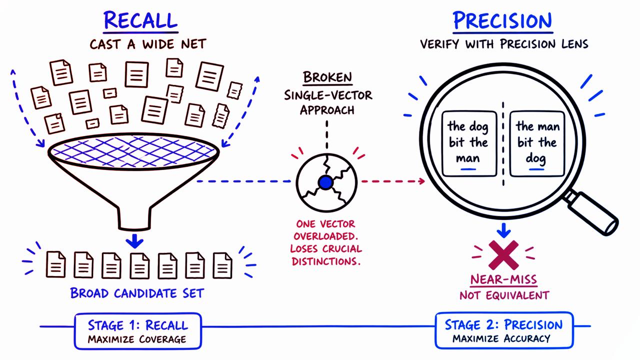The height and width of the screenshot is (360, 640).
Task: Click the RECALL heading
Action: pos(140,21)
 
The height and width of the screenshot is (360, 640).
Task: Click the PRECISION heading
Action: pos(502,21)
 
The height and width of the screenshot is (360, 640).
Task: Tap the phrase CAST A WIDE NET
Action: pos(147,44)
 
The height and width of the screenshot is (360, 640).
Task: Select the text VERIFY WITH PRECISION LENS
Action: pos(504,44)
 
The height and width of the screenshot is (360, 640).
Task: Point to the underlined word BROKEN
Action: pos(327,77)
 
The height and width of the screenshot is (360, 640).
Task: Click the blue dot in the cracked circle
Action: pos(325,182)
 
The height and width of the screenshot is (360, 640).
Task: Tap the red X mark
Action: pos(504,253)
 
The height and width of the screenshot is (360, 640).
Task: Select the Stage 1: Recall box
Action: pos(137,330)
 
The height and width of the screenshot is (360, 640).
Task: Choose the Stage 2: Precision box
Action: pos(503,330)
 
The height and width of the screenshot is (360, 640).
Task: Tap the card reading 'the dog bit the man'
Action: pos(467,143)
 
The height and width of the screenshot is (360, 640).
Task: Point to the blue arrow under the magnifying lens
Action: pos(504,230)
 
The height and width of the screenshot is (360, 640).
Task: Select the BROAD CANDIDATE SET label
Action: pos(137,293)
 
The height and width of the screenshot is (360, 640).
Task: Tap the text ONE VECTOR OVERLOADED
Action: pos(328,230)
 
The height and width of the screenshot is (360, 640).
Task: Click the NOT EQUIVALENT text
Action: pos(504,295)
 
